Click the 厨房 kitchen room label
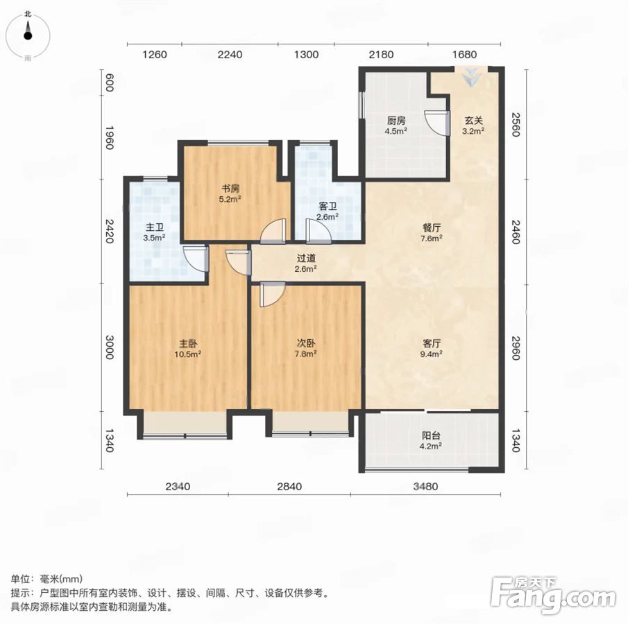tap(396, 120)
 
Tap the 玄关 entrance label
tap(473, 120)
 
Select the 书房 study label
tap(230, 188)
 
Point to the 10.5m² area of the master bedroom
tap(187, 354)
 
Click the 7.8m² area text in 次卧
tap(305, 354)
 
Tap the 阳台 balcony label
tap(430, 435)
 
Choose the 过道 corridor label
tap(306, 259)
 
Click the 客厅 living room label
tap(432, 343)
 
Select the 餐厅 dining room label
tap(432, 228)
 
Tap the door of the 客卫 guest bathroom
tap(319, 231)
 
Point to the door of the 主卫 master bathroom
tap(196, 259)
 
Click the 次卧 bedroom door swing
tap(272, 294)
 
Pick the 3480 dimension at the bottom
tap(425, 487)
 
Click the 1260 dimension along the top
tap(154, 55)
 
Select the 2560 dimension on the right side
tap(516, 125)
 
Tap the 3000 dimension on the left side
tap(109, 347)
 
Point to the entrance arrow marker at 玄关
tap(471, 76)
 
